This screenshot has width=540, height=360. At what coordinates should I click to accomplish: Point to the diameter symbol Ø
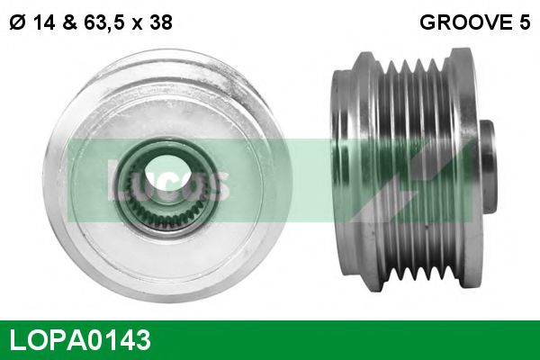15,23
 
